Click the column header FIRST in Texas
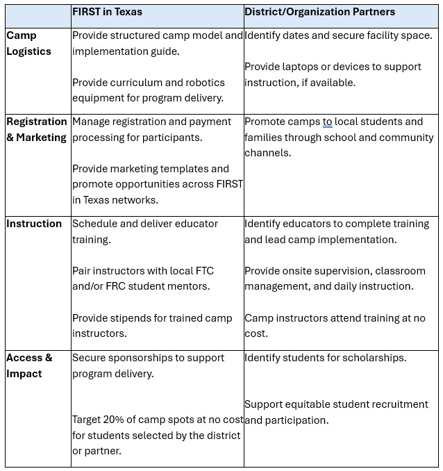click(107, 12)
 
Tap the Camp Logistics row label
click(28, 43)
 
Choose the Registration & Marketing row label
click(37, 129)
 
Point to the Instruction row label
click(34, 224)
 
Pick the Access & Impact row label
click(29, 365)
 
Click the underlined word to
click(327, 122)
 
